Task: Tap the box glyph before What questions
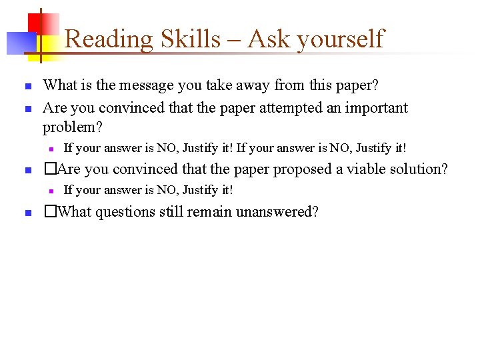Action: click(48, 213)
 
